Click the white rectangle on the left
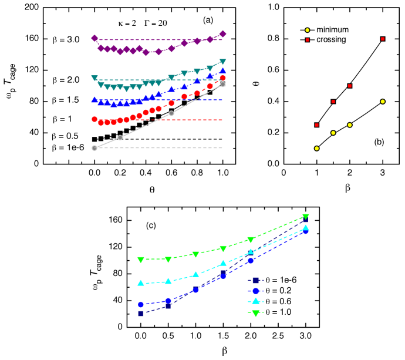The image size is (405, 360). tap(55, 172)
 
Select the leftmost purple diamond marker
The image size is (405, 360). tap(95, 38)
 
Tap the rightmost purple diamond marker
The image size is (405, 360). tap(222, 34)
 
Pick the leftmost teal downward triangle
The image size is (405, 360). tap(95, 78)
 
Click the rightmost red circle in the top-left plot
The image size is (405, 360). tap(222, 78)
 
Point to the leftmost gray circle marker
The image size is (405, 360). tap(95, 148)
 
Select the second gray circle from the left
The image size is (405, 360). tap(120, 137)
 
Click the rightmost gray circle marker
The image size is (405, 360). tap(222, 85)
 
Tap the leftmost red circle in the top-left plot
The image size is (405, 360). tap(95, 119)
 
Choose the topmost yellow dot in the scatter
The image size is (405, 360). tap(307, 30)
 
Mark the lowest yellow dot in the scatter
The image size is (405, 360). tap(316, 149)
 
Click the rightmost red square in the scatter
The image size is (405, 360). tap(383, 39)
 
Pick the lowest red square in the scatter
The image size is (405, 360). tap(316, 125)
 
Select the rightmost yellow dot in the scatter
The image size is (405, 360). tap(383, 102)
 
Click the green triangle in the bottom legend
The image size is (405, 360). tap(255, 313)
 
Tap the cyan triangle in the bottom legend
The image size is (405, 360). tap(255, 301)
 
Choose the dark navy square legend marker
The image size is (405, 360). tap(255, 280)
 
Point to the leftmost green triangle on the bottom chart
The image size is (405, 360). tap(141, 260)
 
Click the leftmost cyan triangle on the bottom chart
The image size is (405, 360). tap(141, 282)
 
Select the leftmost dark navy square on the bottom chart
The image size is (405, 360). tap(141, 314)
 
